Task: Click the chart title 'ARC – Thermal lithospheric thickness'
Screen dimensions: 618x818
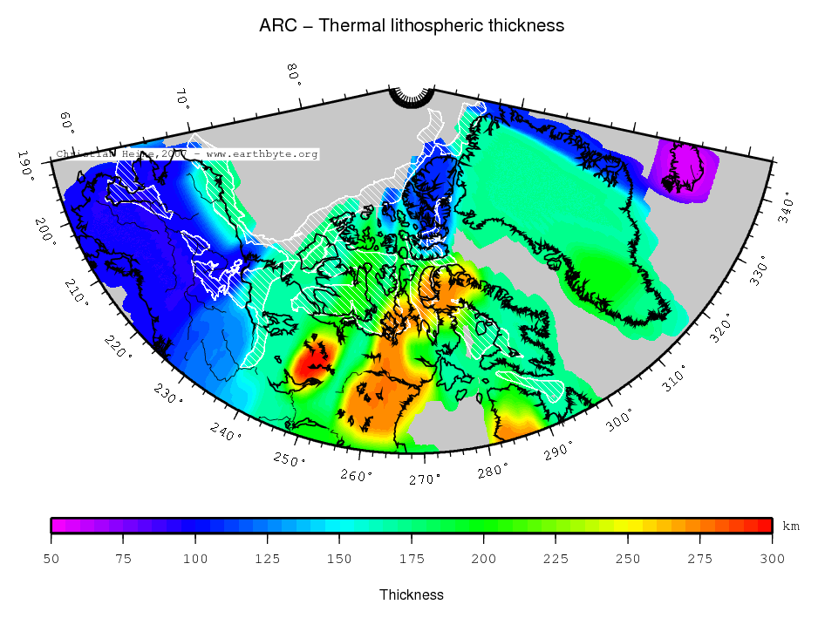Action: tap(411, 25)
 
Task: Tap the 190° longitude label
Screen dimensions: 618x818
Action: tap(29, 164)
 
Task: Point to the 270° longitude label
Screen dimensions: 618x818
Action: tap(425, 479)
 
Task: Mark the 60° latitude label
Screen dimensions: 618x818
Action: tap(66, 122)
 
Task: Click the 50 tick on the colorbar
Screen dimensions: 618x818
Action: tap(51, 559)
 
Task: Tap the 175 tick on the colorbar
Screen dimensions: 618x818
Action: tap(412, 559)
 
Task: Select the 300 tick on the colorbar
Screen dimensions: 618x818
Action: tap(772, 559)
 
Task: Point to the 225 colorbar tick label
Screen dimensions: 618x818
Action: tap(556, 559)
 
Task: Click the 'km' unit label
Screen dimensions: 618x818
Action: tap(791, 526)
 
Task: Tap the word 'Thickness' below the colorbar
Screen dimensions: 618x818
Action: tap(412, 594)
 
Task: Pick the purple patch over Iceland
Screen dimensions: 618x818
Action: tap(684, 172)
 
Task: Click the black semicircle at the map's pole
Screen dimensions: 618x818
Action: tap(412, 97)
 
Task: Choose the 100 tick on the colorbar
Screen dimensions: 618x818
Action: tap(195, 559)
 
